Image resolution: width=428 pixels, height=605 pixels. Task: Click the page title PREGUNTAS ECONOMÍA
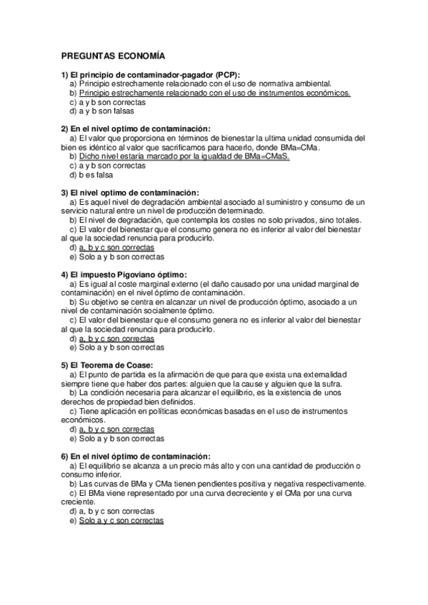click(113, 56)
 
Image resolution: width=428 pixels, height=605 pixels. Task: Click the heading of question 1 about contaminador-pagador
click(151, 75)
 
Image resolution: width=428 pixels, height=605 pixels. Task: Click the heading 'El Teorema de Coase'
click(112, 365)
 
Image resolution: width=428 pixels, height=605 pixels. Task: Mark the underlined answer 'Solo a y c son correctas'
click(121, 521)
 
